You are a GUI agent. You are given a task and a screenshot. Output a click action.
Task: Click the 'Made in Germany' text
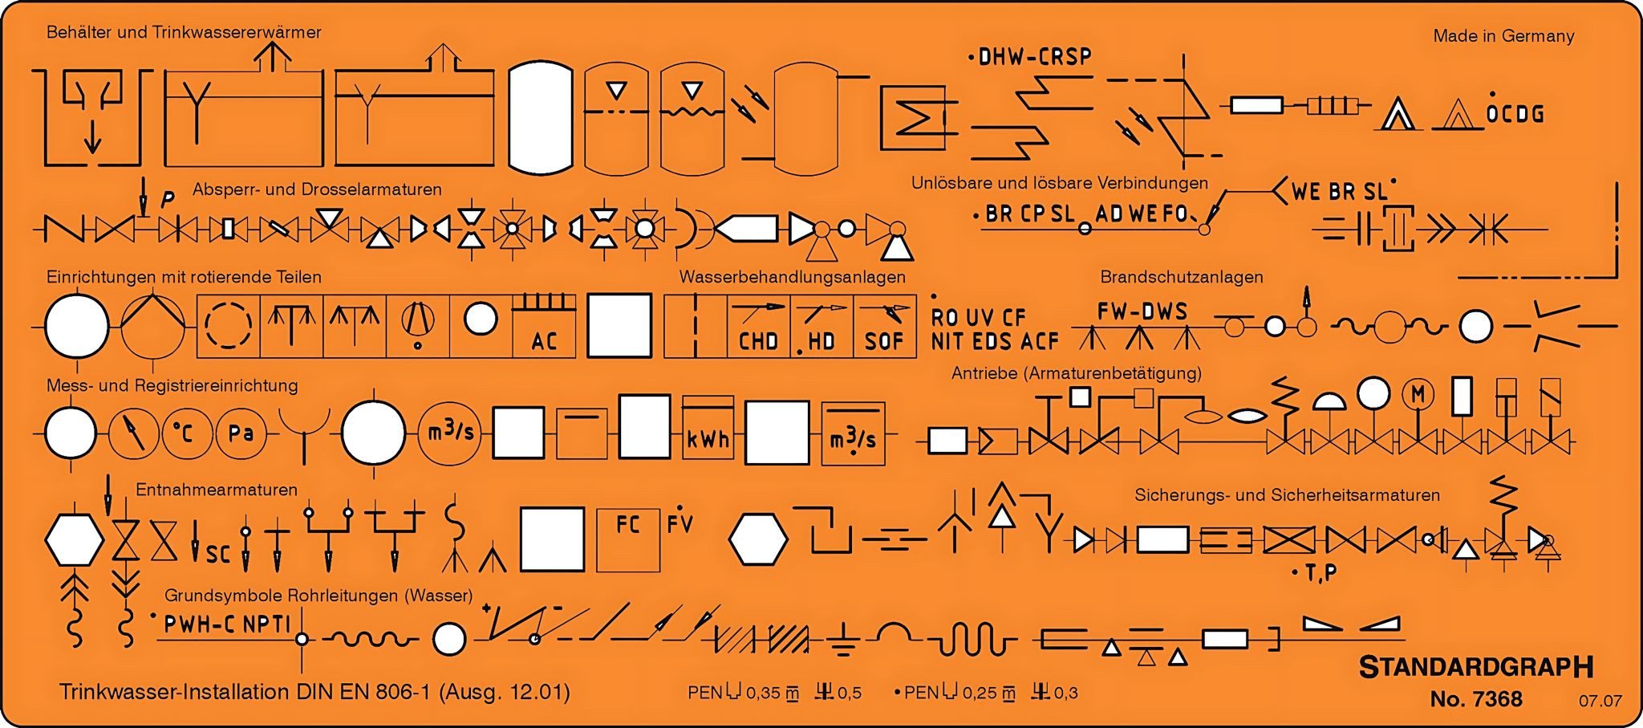pos(1503,36)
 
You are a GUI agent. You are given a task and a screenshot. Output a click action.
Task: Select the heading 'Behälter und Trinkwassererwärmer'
pos(184,33)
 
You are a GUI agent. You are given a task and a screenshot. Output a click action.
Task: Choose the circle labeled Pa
pos(241,433)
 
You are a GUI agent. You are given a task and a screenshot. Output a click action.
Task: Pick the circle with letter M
pos(1418,394)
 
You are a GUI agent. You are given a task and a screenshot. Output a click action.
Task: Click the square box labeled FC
pos(628,539)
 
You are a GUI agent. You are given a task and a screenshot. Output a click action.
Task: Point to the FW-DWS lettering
pos(1142,311)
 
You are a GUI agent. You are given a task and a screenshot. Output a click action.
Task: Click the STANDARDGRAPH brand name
pos(1476,667)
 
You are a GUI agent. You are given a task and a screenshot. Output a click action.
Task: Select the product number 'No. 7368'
pos(1476,699)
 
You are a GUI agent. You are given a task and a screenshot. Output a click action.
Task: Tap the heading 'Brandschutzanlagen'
pos(1182,277)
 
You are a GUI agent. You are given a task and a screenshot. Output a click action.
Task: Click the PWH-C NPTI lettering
pos(226,624)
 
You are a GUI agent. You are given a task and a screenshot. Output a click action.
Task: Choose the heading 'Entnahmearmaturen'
pos(217,490)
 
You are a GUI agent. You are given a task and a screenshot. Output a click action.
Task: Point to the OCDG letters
pos(1515,114)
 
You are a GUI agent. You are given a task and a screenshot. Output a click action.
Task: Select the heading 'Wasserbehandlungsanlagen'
pos(792,277)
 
